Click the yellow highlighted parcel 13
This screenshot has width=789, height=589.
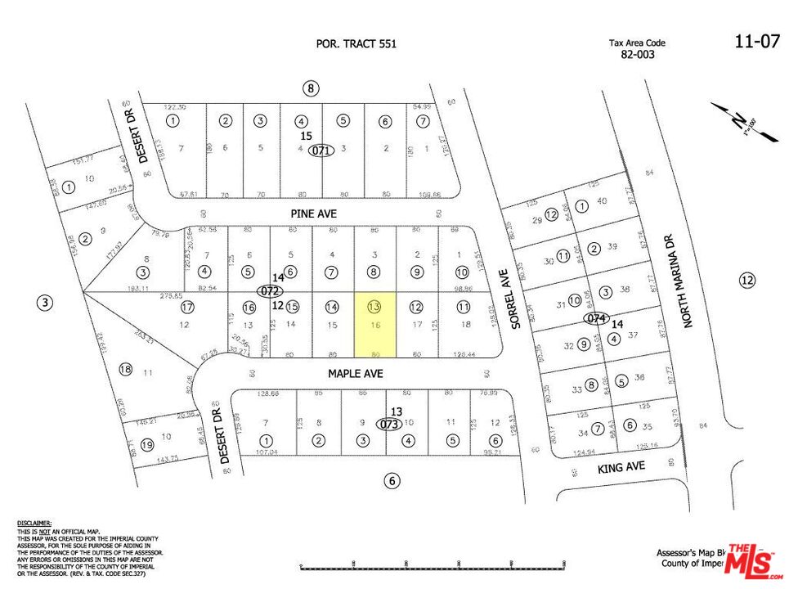click(x=374, y=324)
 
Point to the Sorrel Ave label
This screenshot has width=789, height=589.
click(x=516, y=299)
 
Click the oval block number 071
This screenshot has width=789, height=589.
click(x=322, y=151)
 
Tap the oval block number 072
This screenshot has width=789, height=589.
click(x=269, y=290)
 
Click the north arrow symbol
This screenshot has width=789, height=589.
click(x=740, y=122)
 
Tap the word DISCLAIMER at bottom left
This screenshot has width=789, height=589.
click(x=34, y=522)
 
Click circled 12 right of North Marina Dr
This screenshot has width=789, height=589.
click(x=746, y=281)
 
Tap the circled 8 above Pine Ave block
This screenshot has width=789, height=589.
click(x=309, y=88)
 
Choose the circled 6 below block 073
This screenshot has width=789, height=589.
click(x=392, y=481)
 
